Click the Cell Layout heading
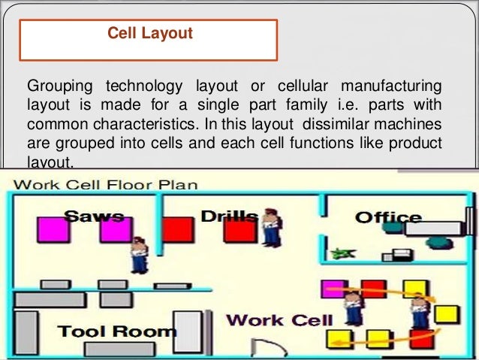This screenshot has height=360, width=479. (x=149, y=34)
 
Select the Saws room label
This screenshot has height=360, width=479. (x=94, y=216)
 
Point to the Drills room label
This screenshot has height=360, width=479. (x=229, y=216)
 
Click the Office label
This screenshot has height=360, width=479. (x=388, y=217)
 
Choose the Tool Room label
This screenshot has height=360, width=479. (x=117, y=331)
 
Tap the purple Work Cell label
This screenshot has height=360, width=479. (x=279, y=319)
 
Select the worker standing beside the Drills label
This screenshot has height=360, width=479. (x=271, y=226)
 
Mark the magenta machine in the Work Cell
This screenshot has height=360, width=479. (x=331, y=289)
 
